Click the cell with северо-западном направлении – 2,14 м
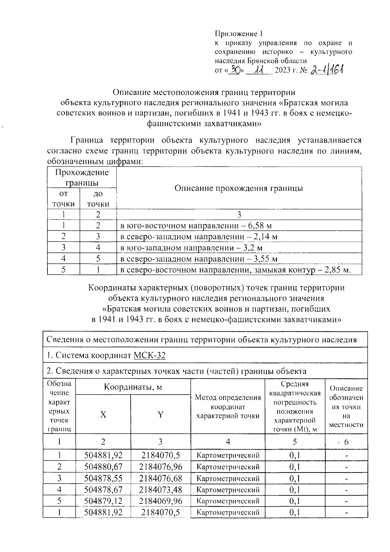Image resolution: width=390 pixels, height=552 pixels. tap(199, 237)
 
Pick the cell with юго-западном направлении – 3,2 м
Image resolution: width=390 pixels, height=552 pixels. tap(191, 248)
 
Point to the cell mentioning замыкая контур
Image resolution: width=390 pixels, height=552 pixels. tap(236, 270)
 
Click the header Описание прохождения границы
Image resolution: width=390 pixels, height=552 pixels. tap(239, 188)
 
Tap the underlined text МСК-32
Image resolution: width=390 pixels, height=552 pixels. tap(149, 355)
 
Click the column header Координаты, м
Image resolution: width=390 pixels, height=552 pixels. tap(133, 387)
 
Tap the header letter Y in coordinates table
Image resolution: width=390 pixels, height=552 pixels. tap(160, 415)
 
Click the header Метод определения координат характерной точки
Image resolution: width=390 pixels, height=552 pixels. tap(228, 407)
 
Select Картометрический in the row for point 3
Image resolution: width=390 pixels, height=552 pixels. tap(228, 478)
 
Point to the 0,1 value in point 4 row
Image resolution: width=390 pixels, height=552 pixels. tap(294, 490)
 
